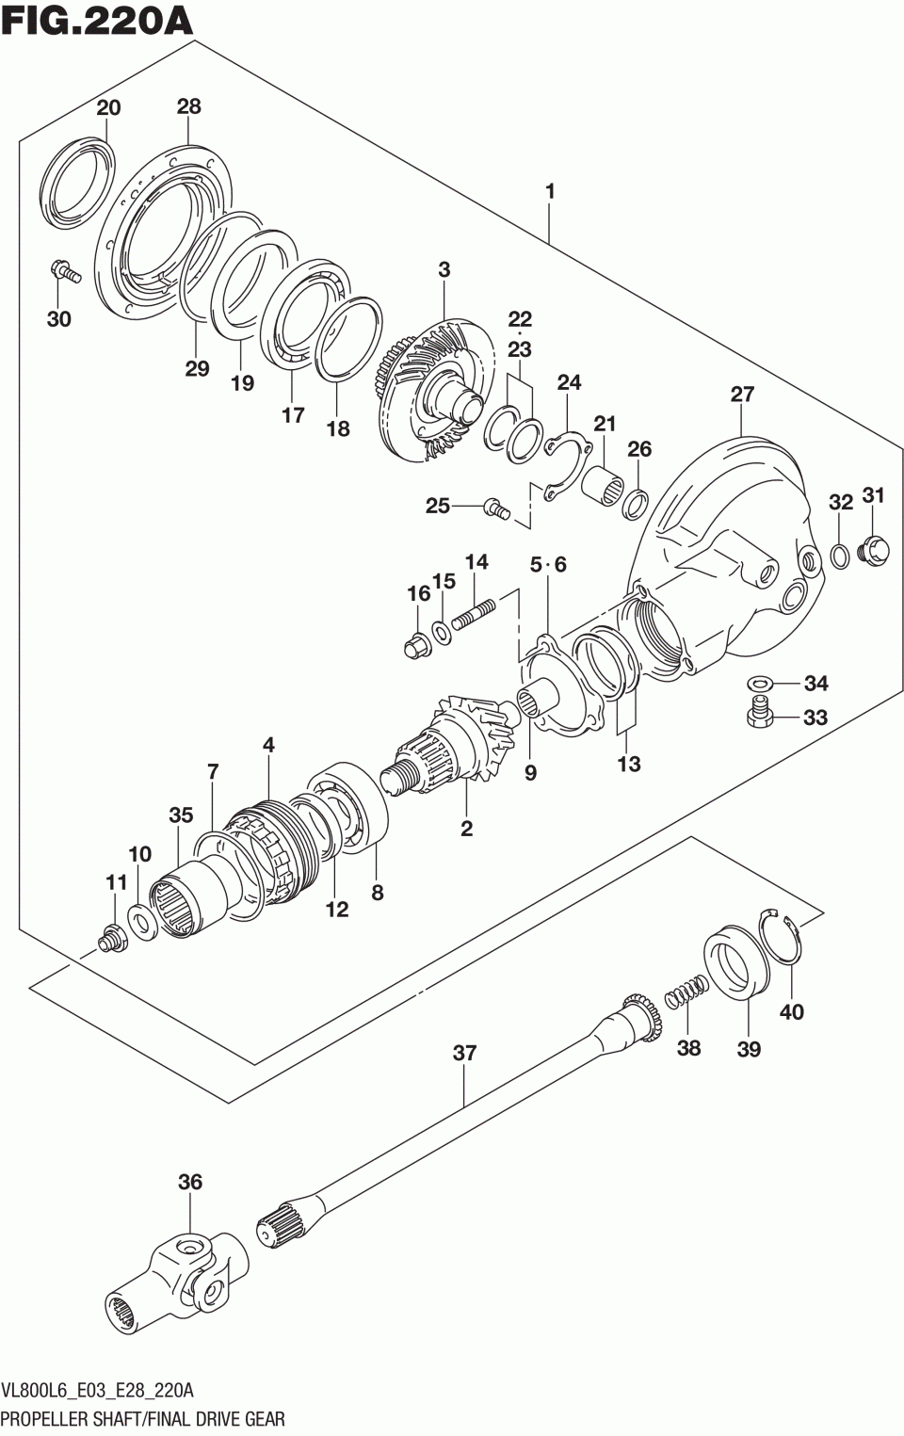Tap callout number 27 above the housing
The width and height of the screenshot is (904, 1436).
coord(742,394)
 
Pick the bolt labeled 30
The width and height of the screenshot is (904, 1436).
coord(64,272)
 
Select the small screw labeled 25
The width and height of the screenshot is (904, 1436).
coord(495,508)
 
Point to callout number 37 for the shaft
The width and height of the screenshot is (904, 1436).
coord(464,1053)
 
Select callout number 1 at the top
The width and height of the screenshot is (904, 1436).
coord(550,192)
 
